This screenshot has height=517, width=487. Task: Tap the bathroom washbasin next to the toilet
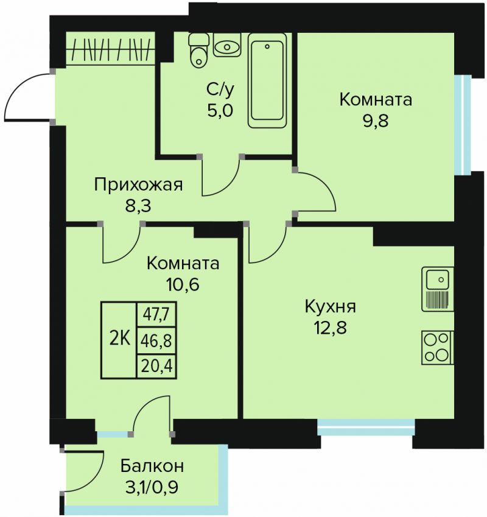(226, 44)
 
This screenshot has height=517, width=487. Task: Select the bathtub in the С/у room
(267, 80)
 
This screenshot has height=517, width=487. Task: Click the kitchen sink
(438, 289)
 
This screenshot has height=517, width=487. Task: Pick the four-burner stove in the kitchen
(438, 348)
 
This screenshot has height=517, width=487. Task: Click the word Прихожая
(138, 185)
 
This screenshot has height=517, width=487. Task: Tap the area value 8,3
(138, 206)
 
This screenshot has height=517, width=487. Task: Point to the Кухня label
(331, 307)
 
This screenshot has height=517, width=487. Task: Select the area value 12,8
(330, 328)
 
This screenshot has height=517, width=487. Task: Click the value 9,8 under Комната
(376, 121)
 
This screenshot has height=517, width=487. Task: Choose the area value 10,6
(183, 284)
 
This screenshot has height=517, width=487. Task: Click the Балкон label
(152, 466)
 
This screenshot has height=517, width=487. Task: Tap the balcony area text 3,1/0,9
(152, 487)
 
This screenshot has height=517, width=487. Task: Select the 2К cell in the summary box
(119, 340)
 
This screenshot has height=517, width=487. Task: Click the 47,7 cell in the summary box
(156, 315)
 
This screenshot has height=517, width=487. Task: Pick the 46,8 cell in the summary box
(156, 340)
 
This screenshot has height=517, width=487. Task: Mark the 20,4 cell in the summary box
(156, 366)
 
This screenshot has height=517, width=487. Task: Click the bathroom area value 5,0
(220, 110)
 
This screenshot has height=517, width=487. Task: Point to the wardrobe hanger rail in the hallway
(110, 50)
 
